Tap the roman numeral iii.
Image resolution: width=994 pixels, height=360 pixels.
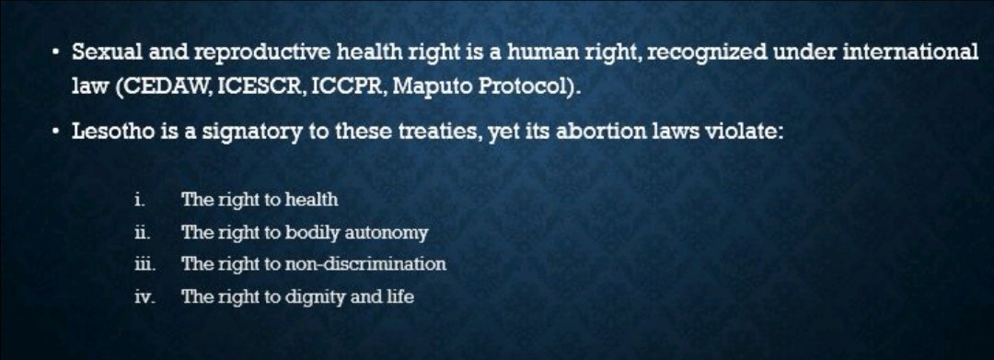142,264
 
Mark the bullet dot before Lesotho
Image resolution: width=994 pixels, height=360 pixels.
54,133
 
